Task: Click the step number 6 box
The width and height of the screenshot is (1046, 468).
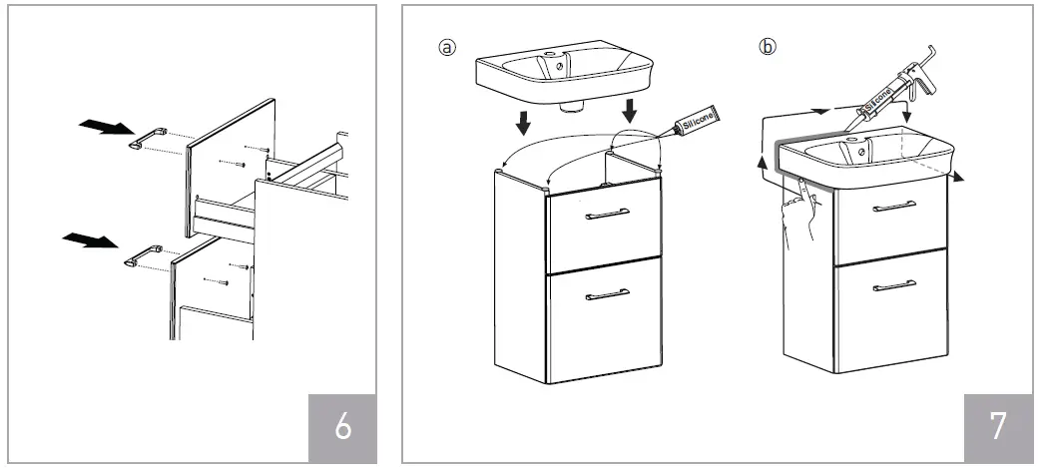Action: pyautogui.click(x=343, y=426)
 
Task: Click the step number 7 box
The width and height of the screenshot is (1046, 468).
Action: pyautogui.click(x=998, y=426)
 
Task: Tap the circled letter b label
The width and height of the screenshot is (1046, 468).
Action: pyautogui.click(x=767, y=46)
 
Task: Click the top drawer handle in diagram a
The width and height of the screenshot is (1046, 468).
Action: pyautogui.click(x=607, y=213)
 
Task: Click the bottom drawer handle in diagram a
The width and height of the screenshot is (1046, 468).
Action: pyautogui.click(x=607, y=293)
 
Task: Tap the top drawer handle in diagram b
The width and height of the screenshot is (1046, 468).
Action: pyautogui.click(x=894, y=207)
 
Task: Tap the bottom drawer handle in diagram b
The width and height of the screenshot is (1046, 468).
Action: pyautogui.click(x=894, y=286)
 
